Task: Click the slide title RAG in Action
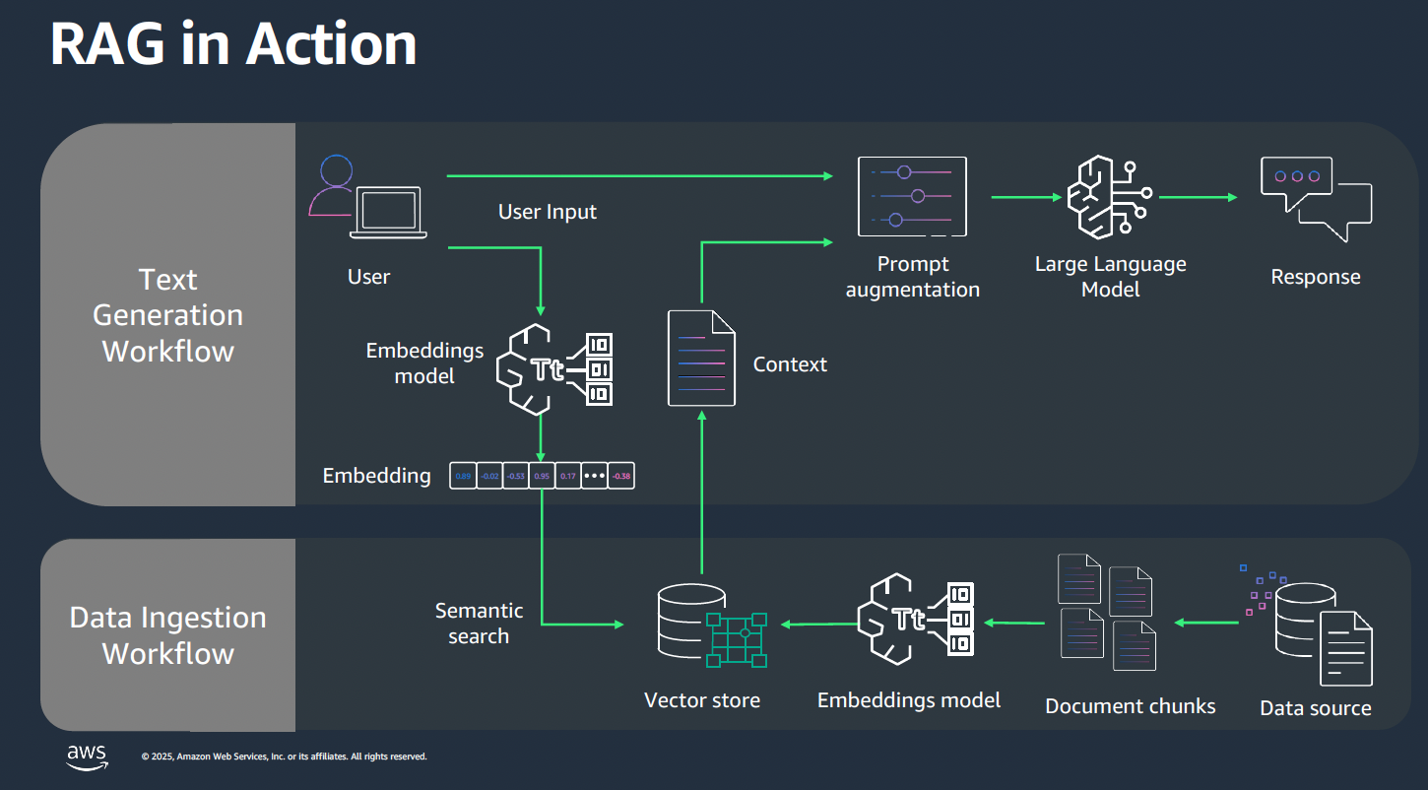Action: coord(232,44)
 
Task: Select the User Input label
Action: coord(547,212)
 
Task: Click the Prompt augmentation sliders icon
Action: coord(912,197)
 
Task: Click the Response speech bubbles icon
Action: coord(1316,199)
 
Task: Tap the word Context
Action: coord(790,364)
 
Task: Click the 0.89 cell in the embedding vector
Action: coord(463,476)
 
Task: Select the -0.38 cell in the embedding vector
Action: coord(621,476)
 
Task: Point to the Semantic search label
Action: coord(479,624)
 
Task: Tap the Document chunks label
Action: coord(1130,706)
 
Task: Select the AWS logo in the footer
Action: coord(87,757)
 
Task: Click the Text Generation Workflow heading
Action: coord(168,315)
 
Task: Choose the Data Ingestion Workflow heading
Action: coord(168,635)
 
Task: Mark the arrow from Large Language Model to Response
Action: coord(1198,197)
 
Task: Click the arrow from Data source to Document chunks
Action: coord(1205,623)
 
